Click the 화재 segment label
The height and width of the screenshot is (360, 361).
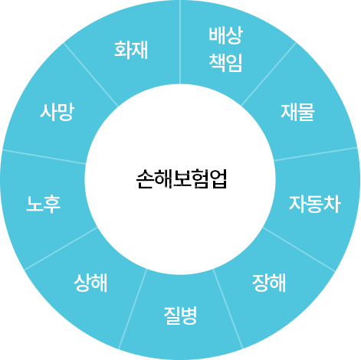click(131, 50)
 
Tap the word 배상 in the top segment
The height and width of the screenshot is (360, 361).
click(226, 35)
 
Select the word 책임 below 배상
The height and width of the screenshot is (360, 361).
click(226, 63)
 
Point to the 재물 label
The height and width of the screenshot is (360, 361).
click(297, 112)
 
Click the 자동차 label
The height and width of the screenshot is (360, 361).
click(315, 204)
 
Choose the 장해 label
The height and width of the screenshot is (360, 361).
click(269, 283)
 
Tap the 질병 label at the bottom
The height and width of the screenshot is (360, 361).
click(180, 316)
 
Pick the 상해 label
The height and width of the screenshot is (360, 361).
click(90, 283)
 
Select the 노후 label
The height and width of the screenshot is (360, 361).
click(44, 204)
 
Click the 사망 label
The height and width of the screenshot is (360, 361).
click(57, 112)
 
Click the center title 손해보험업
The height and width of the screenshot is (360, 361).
click(182, 178)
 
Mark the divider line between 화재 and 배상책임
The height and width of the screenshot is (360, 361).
click(180, 42)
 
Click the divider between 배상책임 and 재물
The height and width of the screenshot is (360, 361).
click(268, 74)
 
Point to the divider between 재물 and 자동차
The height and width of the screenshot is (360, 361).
click(315, 154)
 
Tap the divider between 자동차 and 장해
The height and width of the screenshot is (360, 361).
click(299, 249)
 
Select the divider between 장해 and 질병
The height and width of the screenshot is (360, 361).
click(228, 309)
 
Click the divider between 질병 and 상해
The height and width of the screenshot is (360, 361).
click(133, 309)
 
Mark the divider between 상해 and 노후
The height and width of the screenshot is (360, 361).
click(61, 248)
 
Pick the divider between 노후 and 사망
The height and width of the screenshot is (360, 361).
click(44, 156)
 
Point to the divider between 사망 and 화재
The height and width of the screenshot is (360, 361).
click(90, 74)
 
